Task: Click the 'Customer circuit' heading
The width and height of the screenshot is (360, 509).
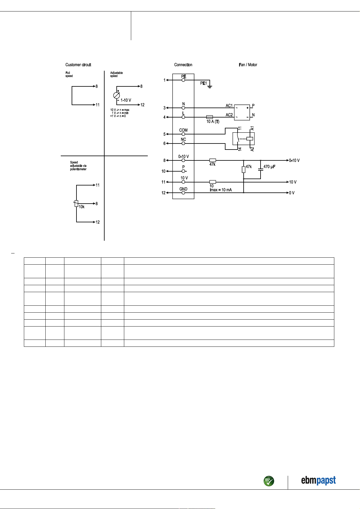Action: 78,65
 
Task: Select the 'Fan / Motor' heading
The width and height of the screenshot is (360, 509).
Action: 248,65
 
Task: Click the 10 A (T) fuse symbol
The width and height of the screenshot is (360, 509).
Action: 209,117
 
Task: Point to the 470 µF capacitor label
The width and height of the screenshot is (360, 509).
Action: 269,167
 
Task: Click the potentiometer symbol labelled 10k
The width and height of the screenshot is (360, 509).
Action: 76,203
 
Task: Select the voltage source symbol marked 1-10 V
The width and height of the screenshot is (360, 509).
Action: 116,95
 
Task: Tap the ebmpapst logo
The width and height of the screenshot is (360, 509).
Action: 318,480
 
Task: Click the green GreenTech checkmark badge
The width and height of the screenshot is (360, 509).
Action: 269,481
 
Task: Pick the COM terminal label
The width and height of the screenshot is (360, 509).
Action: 183,130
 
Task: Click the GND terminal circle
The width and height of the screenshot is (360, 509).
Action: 183,193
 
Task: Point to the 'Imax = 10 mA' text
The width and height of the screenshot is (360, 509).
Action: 221,190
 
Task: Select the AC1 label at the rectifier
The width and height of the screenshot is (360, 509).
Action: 229,106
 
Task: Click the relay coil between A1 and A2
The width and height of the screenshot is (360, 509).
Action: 250,139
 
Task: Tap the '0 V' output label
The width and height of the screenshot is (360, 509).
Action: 292,193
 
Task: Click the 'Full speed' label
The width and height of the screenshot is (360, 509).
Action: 69,74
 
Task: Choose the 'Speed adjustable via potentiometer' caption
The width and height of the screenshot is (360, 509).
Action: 78,166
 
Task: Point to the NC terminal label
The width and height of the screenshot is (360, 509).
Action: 183,140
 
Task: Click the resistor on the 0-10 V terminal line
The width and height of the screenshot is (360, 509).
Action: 212,160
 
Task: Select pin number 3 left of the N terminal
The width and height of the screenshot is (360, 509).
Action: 164,108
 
